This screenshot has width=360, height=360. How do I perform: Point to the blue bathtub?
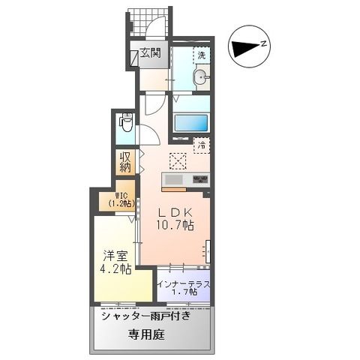click(x=191, y=124)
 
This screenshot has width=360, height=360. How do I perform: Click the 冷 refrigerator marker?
click(x=201, y=145)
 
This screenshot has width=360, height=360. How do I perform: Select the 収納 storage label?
click(x=124, y=162)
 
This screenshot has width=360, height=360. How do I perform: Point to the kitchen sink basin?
click(x=173, y=181)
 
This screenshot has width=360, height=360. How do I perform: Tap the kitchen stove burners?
click(x=200, y=180)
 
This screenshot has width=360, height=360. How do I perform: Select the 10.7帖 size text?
click(x=175, y=225)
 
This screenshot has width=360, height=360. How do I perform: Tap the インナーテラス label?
click(x=184, y=283)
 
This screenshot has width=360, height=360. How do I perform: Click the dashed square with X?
click(x=178, y=159)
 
